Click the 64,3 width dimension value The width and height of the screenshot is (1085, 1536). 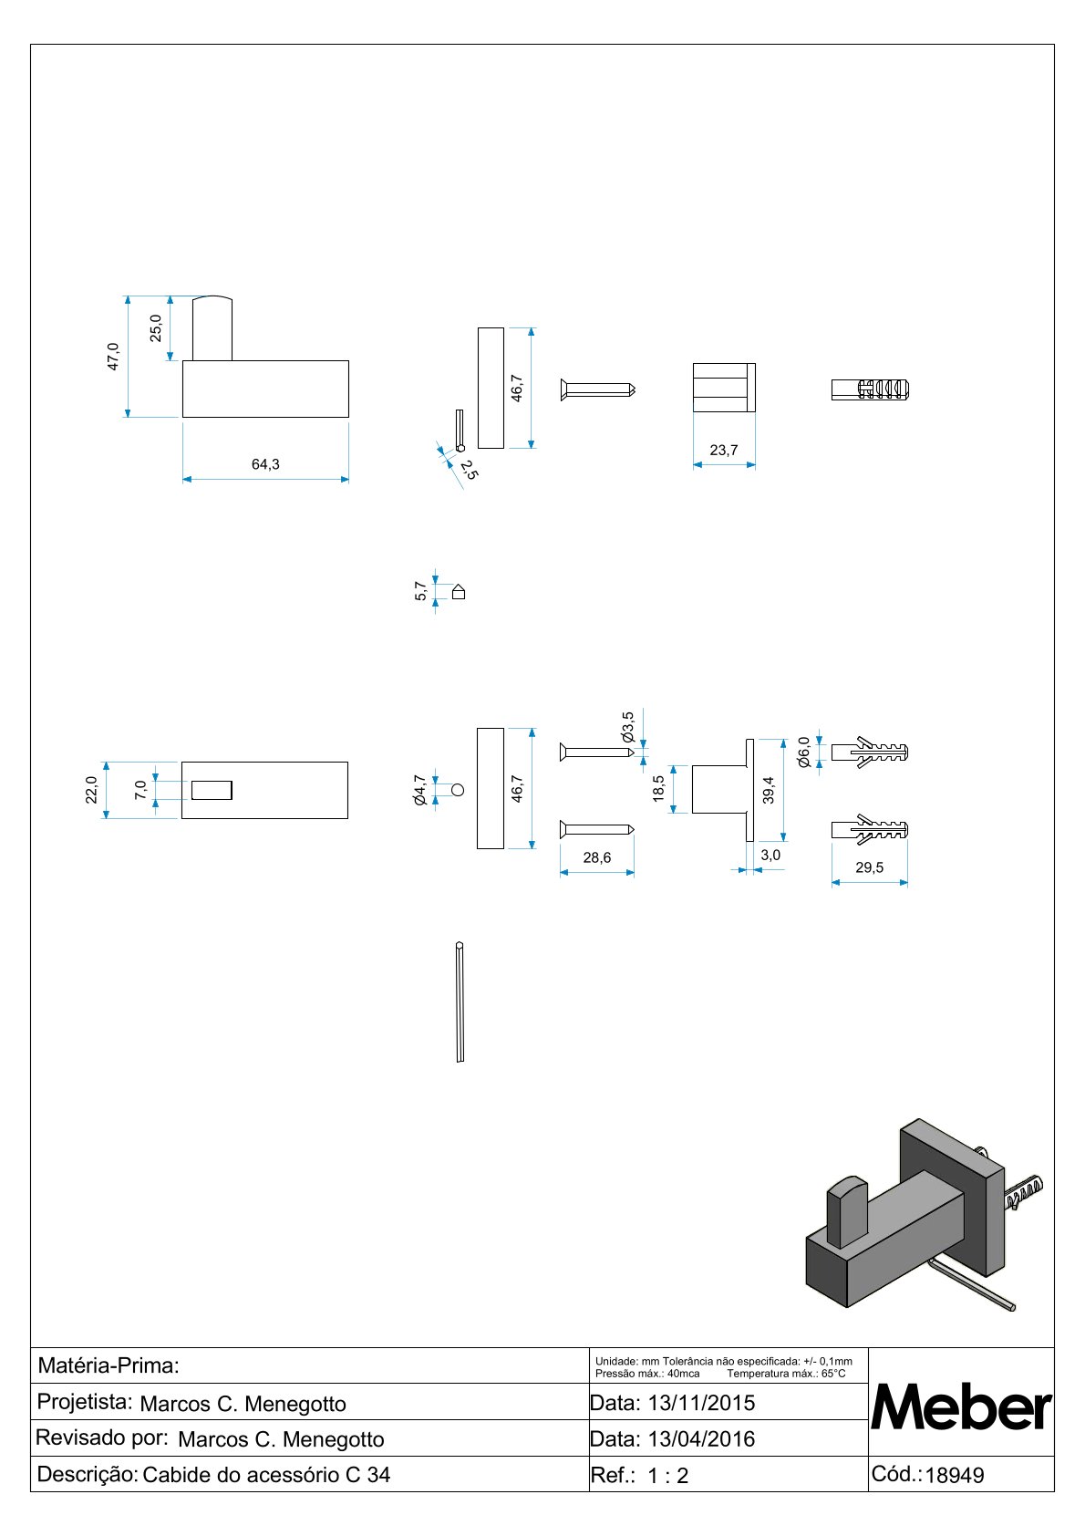pyautogui.click(x=265, y=464)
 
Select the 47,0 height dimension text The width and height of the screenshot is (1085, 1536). pyautogui.click(x=113, y=357)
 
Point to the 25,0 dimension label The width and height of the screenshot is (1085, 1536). pyautogui.click(x=156, y=327)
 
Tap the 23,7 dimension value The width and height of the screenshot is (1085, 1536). pyautogui.click(x=724, y=450)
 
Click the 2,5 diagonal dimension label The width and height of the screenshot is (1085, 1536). pyautogui.click(x=469, y=470)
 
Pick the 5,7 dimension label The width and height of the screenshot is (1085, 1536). pyautogui.click(x=421, y=591)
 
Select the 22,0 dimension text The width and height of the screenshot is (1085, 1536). pyautogui.click(x=91, y=789)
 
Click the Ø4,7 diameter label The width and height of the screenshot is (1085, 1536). pyautogui.click(x=419, y=790)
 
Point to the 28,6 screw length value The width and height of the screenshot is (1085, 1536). pyautogui.click(x=597, y=857)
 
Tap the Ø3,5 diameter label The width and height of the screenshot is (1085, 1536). pyautogui.click(x=628, y=728)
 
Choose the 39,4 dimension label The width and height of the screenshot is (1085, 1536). pyautogui.click(x=769, y=790)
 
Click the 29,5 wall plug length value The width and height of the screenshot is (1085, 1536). pyautogui.click(x=869, y=867)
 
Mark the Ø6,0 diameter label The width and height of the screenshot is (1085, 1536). pyautogui.click(x=804, y=752)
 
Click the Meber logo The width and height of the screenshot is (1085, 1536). pyautogui.click(x=961, y=1406)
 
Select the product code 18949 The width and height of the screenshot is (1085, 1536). pyautogui.click(x=955, y=1475)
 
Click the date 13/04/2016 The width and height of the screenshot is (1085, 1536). pyautogui.click(x=702, y=1438)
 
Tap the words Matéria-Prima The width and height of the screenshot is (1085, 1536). pyautogui.click(x=108, y=1365)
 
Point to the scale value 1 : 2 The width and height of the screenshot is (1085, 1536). pyautogui.click(x=668, y=1475)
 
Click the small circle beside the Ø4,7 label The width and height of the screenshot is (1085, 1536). pyautogui.click(x=458, y=790)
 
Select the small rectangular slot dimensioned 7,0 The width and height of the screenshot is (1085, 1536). pyautogui.click(x=212, y=790)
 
